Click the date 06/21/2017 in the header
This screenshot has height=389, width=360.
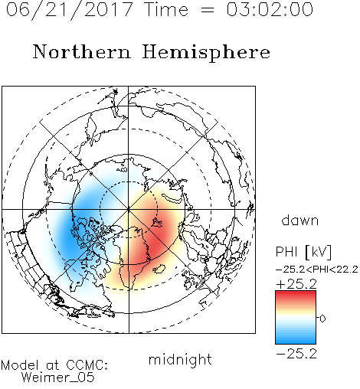tap(70, 10)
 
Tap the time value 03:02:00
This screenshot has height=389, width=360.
tap(270, 10)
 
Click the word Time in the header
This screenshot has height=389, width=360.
tap(166, 10)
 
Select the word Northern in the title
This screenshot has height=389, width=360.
tap(82, 51)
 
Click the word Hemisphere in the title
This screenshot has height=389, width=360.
tap(206, 53)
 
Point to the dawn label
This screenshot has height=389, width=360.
tap(300, 220)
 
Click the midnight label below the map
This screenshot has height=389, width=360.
tap(180, 359)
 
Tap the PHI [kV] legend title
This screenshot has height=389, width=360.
tap(303, 252)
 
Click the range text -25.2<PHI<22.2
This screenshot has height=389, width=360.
tap(317, 270)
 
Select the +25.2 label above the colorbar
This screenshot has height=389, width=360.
tap(296, 284)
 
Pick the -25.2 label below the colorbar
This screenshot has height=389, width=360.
tap(296, 354)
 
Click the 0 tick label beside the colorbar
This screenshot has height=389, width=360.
tap(322, 319)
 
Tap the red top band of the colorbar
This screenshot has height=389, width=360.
tap(296, 293)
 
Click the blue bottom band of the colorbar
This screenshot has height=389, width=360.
tap(296, 342)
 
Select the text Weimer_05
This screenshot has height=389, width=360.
tap(58, 378)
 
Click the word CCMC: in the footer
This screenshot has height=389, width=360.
tap(87, 365)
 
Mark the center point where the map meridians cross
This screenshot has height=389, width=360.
tap(129, 210)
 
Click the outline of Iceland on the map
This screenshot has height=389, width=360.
tap(159, 269)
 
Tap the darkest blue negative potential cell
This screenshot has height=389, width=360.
tap(68, 236)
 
